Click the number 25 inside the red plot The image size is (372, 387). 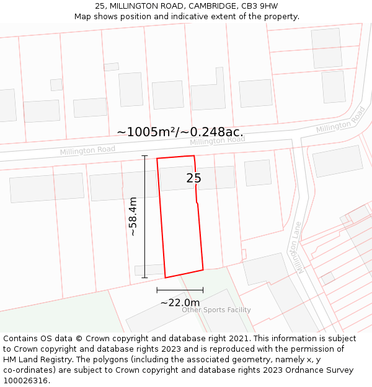click(193, 178)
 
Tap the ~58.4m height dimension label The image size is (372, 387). click(133, 217)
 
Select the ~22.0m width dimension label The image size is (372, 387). click(180, 302)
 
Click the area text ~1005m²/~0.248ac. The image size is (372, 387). click(180, 131)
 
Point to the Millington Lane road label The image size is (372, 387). click(299, 247)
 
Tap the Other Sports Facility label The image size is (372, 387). click(216, 310)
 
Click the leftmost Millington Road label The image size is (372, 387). click(87, 150)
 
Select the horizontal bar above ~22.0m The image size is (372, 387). click(180, 289)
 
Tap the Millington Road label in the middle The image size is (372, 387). click(217, 141)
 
